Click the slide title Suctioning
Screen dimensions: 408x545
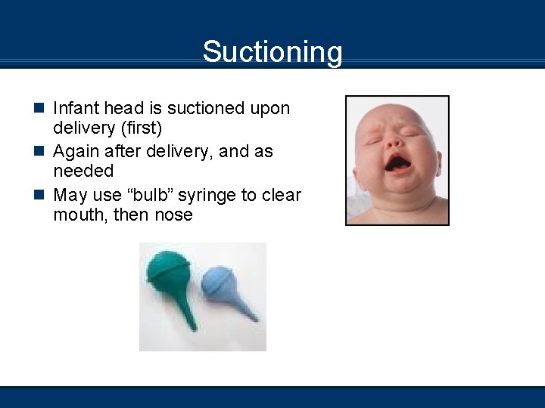tap(272, 52)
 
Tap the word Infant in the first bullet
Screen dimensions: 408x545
tap(75, 109)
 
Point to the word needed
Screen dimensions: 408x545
tap(83, 172)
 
